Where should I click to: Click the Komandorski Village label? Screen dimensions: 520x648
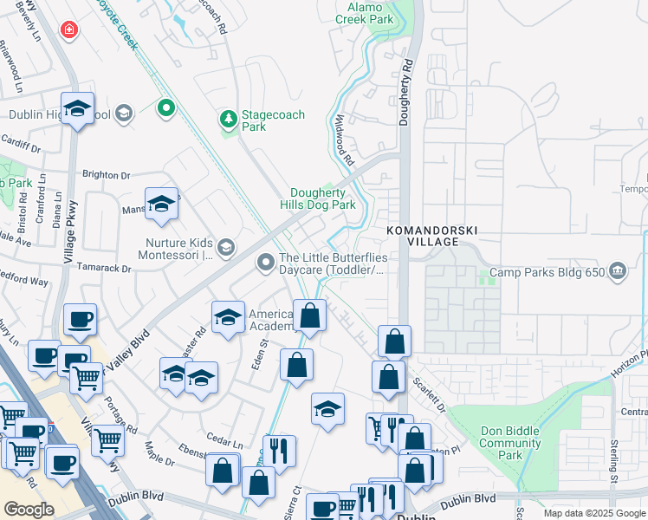(x=430, y=237)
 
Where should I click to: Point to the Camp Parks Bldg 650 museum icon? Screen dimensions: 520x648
(x=617, y=272)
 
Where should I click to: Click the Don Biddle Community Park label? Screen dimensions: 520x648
(x=511, y=443)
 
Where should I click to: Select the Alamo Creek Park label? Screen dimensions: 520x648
(x=371, y=13)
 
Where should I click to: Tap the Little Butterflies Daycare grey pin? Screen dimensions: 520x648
(x=266, y=261)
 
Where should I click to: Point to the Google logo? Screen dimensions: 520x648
(x=29, y=509)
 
